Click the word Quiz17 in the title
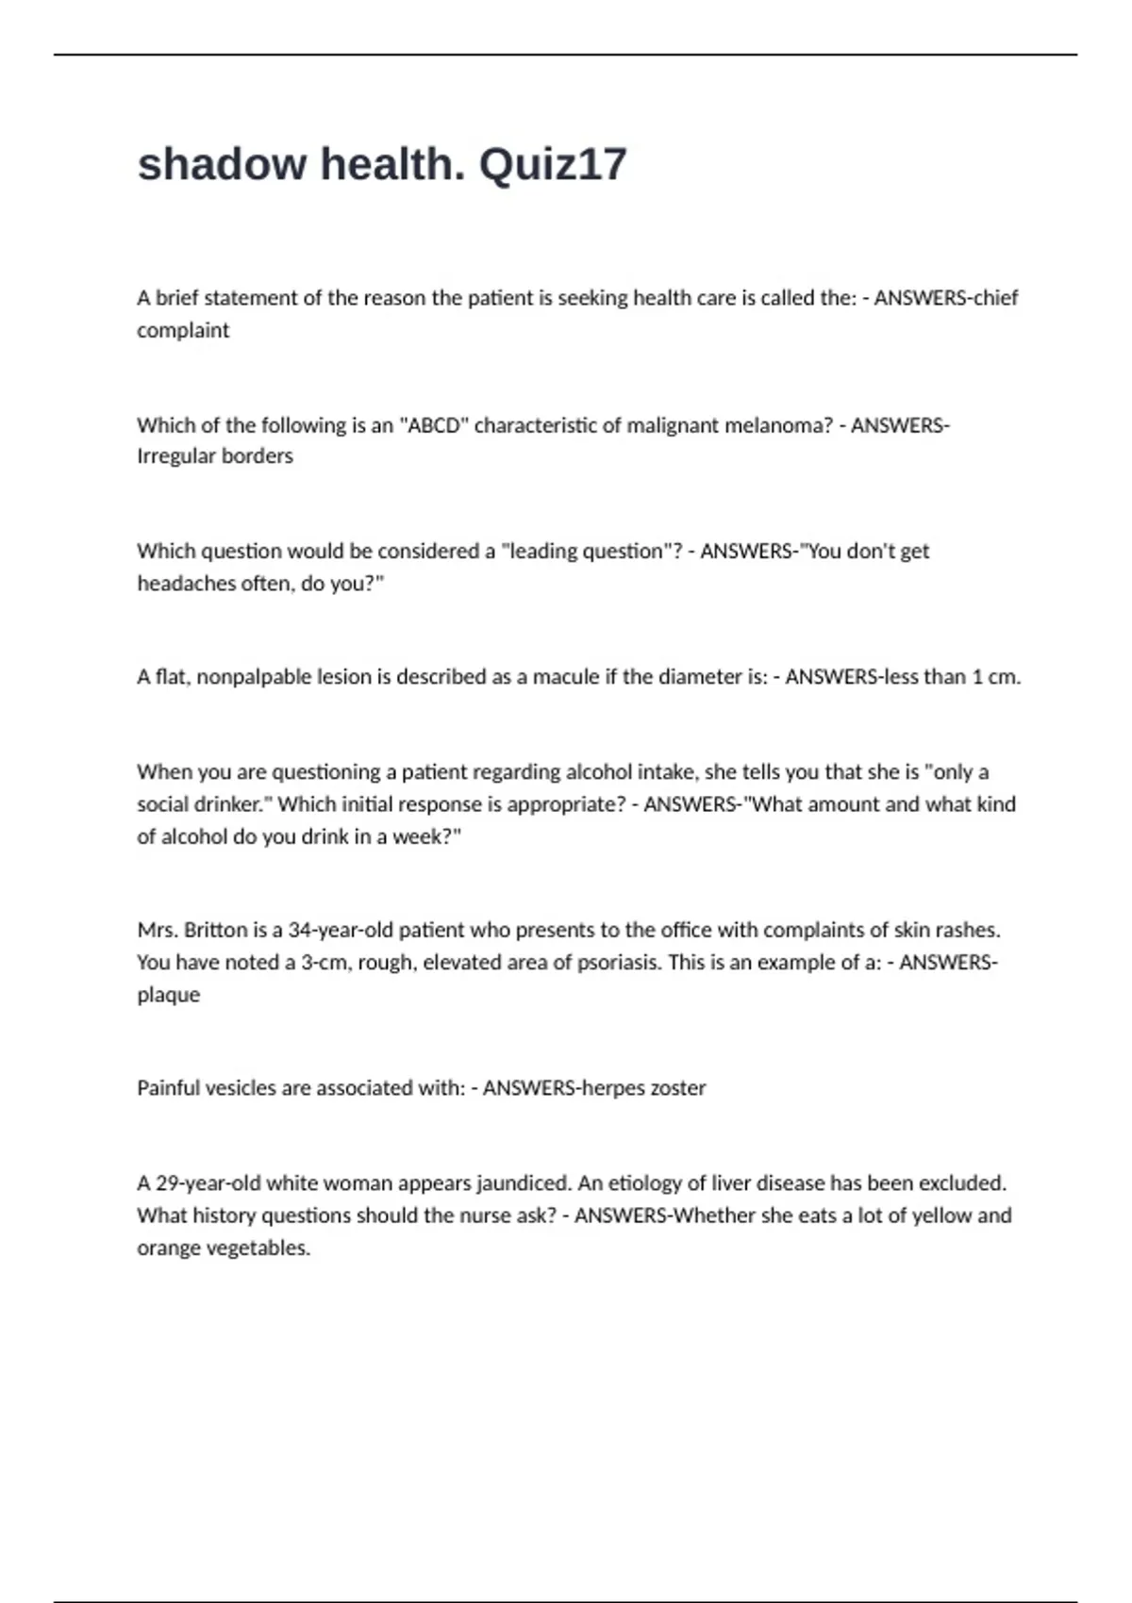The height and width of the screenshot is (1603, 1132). point(553,165)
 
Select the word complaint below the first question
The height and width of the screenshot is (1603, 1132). point(183,331)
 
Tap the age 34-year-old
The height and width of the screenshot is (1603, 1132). point(341,931)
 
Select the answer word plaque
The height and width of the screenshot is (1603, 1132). point(169,996)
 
